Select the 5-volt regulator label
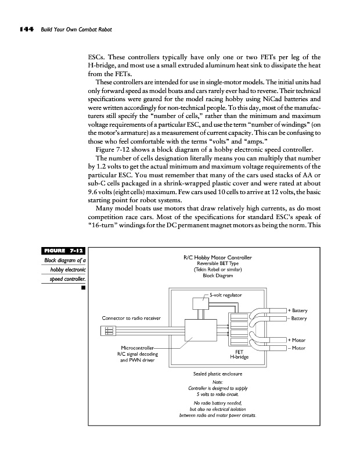point(225,295)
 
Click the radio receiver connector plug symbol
point(108,331)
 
